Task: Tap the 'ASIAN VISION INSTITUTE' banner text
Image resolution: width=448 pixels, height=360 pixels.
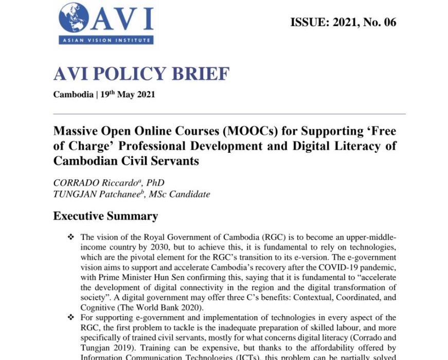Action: pos(106,40)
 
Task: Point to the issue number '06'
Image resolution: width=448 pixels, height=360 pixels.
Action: pos(390,23)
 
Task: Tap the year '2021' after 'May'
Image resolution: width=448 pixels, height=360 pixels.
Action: pos(145,95)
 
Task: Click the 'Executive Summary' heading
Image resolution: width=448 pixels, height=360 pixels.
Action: pos(105,216)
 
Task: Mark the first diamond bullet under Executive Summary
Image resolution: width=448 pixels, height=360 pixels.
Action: pos(70,238)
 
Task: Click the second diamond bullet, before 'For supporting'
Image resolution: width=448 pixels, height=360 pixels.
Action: pos(70,318)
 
